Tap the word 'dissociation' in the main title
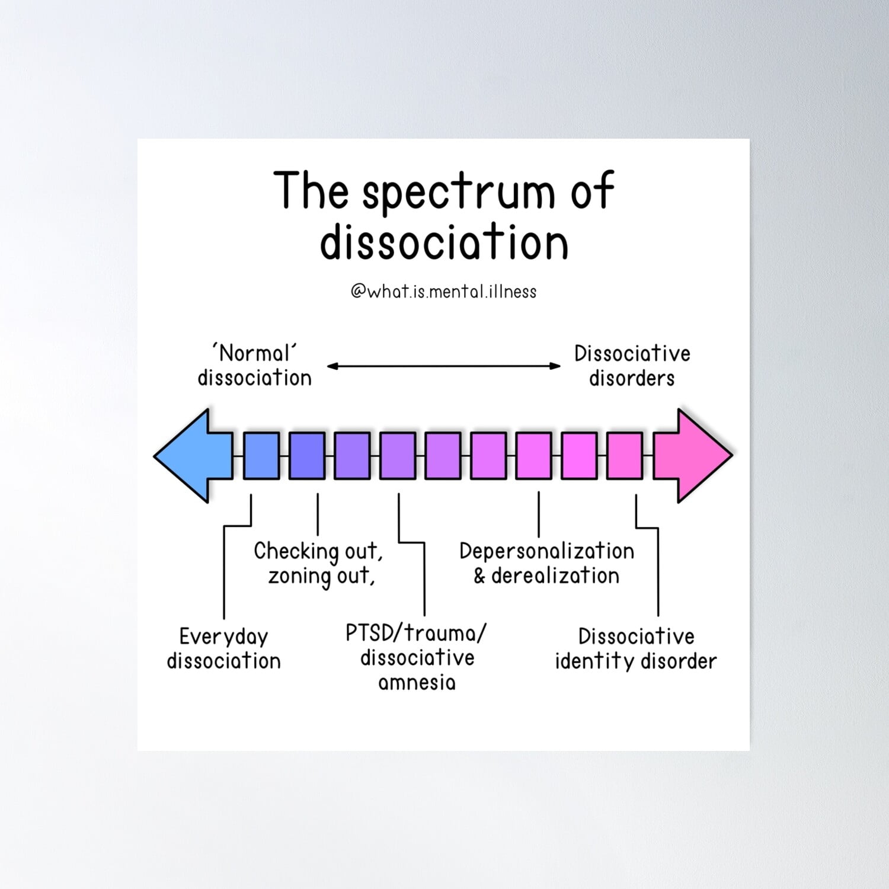[444, 242]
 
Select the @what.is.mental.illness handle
[443, 292]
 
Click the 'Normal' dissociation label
[254, 366]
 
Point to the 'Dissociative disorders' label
[632, 366]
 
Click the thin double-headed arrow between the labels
[443, 366]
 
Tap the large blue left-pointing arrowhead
[190, 455]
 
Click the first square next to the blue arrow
[261, 455]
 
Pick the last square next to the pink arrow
[624, 455]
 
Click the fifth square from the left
[443, 455]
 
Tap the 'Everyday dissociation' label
[223, 648]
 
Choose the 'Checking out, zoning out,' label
[319, 563]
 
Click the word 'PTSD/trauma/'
[416, 633]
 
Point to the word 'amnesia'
[417, 683]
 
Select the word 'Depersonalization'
[546, 551]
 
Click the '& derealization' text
[546, 576]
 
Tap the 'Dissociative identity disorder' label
[636, 648]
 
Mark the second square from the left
[307, 455]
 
